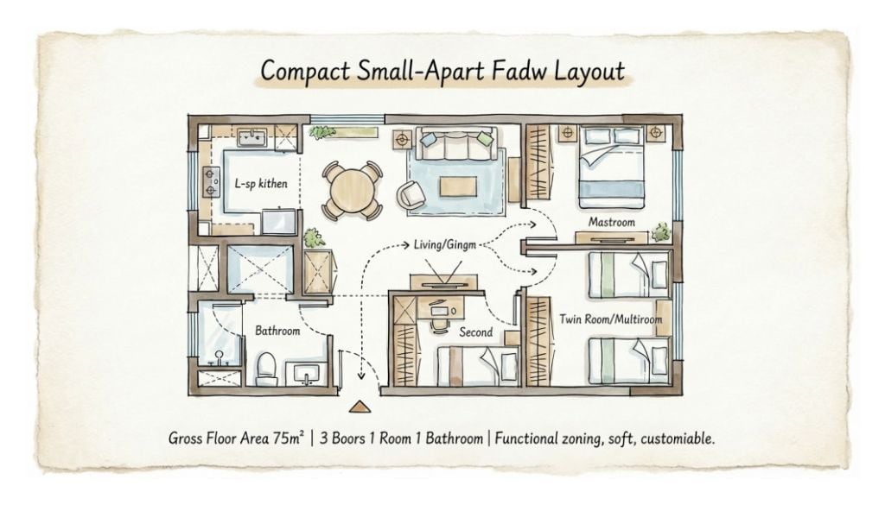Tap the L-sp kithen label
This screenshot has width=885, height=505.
click(x=261, y=184)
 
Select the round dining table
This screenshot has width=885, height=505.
click(x=353, y=191)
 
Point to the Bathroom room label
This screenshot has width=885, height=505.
click(x=277, y=331)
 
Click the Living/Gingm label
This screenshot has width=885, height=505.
click(x=445, y=245)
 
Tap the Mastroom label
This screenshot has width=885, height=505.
click(x=611, y=222)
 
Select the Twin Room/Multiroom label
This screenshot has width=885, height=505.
click(x=611, y=319)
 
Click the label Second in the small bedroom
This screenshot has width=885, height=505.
click(x=476, y=332)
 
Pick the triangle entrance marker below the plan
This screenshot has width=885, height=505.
click(x=358, y=407)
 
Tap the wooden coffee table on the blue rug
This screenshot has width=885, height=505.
click(x=458, y=187)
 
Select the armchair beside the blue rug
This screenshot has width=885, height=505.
click(x=411, y=194)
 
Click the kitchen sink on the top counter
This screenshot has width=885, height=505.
click(x=251, y=137)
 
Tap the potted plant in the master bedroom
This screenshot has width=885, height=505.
click(x=659, y=231)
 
